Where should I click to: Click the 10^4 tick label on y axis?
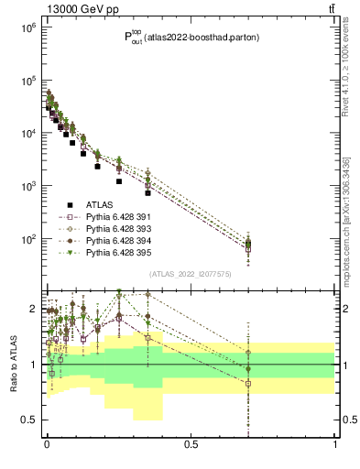click(x=28, y=134)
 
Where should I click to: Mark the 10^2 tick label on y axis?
click(x=28, y=239)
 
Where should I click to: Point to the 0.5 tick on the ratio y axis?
click(x=30, y=420)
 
